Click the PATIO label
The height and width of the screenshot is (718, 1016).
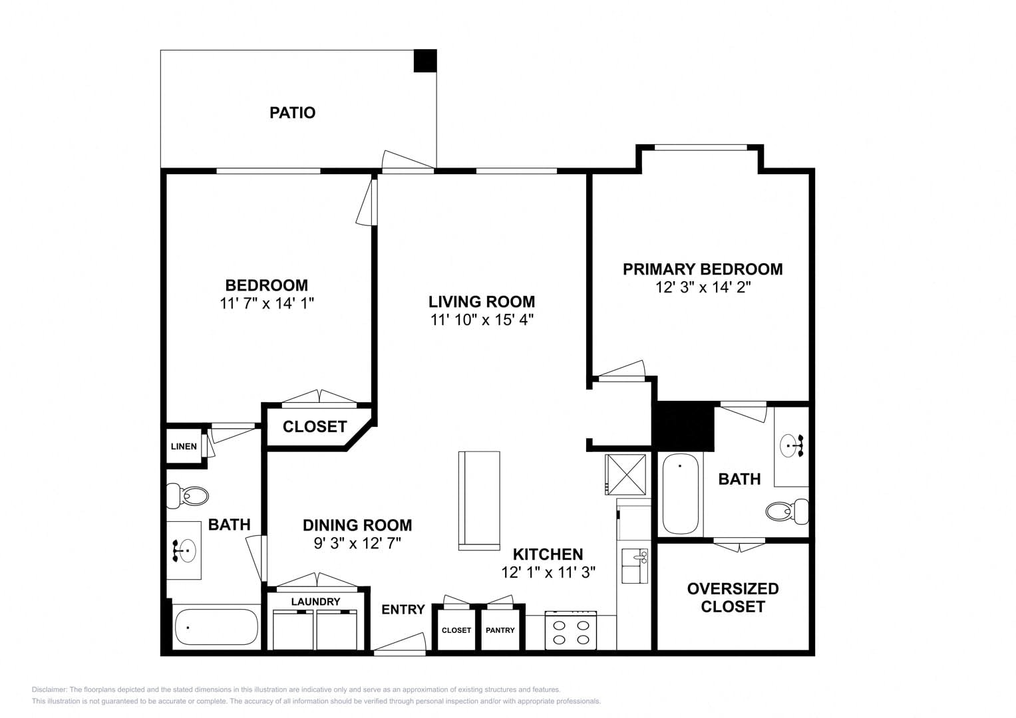[x=293, y=112]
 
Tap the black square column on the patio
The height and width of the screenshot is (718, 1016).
[x=425, y=60]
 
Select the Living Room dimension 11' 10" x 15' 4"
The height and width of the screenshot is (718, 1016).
[x=482, y=320]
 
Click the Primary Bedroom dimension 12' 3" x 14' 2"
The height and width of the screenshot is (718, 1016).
[x=703, y=287]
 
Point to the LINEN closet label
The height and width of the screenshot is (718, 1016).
[x=184, y=447]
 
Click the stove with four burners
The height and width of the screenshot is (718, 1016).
[x=571, y=630]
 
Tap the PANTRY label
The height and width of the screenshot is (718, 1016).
[x=500, y=630]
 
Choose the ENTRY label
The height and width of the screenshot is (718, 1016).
[x=403, y=610]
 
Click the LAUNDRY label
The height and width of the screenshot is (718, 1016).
[x=315, y=602]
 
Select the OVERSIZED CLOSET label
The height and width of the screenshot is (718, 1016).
[x=733, y=598]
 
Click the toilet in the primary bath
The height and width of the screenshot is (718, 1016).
[x=787, y=511]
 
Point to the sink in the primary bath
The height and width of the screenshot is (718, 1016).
[x=792, y=445]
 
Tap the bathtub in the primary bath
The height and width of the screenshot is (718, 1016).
[x=681, y=493]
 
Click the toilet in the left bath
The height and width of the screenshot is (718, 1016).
[x=188, y=496]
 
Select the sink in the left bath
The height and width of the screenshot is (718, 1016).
[x=184, y=550]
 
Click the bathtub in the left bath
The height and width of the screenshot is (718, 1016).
[x=216, y=627]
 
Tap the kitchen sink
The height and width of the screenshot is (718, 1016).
[x=635, y=566]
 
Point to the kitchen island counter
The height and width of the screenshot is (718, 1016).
[x=479, y=501]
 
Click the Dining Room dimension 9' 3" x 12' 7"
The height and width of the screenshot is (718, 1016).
[x=357, y=543]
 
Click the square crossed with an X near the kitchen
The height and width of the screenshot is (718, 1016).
[x=625, y=475]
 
